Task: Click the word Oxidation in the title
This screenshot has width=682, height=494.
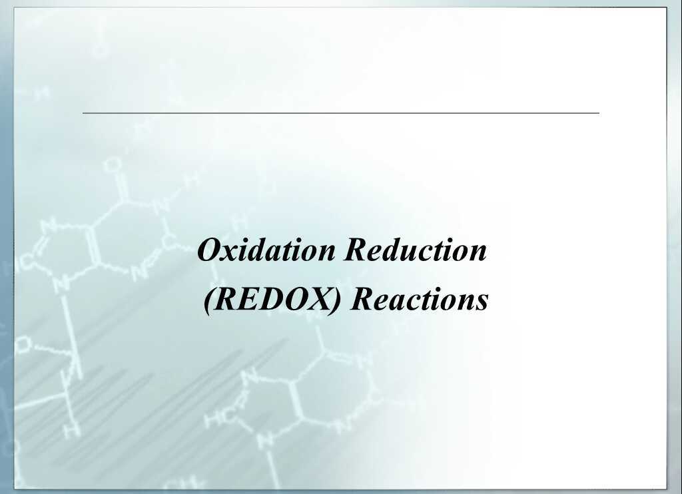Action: click(x=268, y=250)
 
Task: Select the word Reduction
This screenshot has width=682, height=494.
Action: click(x=416, y=250)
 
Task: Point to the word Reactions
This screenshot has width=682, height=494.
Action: click(x=420, y=299)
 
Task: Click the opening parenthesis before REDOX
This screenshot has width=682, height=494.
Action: click(x=209, y=300)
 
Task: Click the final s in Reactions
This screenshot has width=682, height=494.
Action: click(x=482, y=300)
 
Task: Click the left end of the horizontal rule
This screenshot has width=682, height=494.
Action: click(x=84, y=113)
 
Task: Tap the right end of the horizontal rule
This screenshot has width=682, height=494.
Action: click(x=598, y=113)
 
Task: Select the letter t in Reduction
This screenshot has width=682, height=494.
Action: click(x=441, y=251)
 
